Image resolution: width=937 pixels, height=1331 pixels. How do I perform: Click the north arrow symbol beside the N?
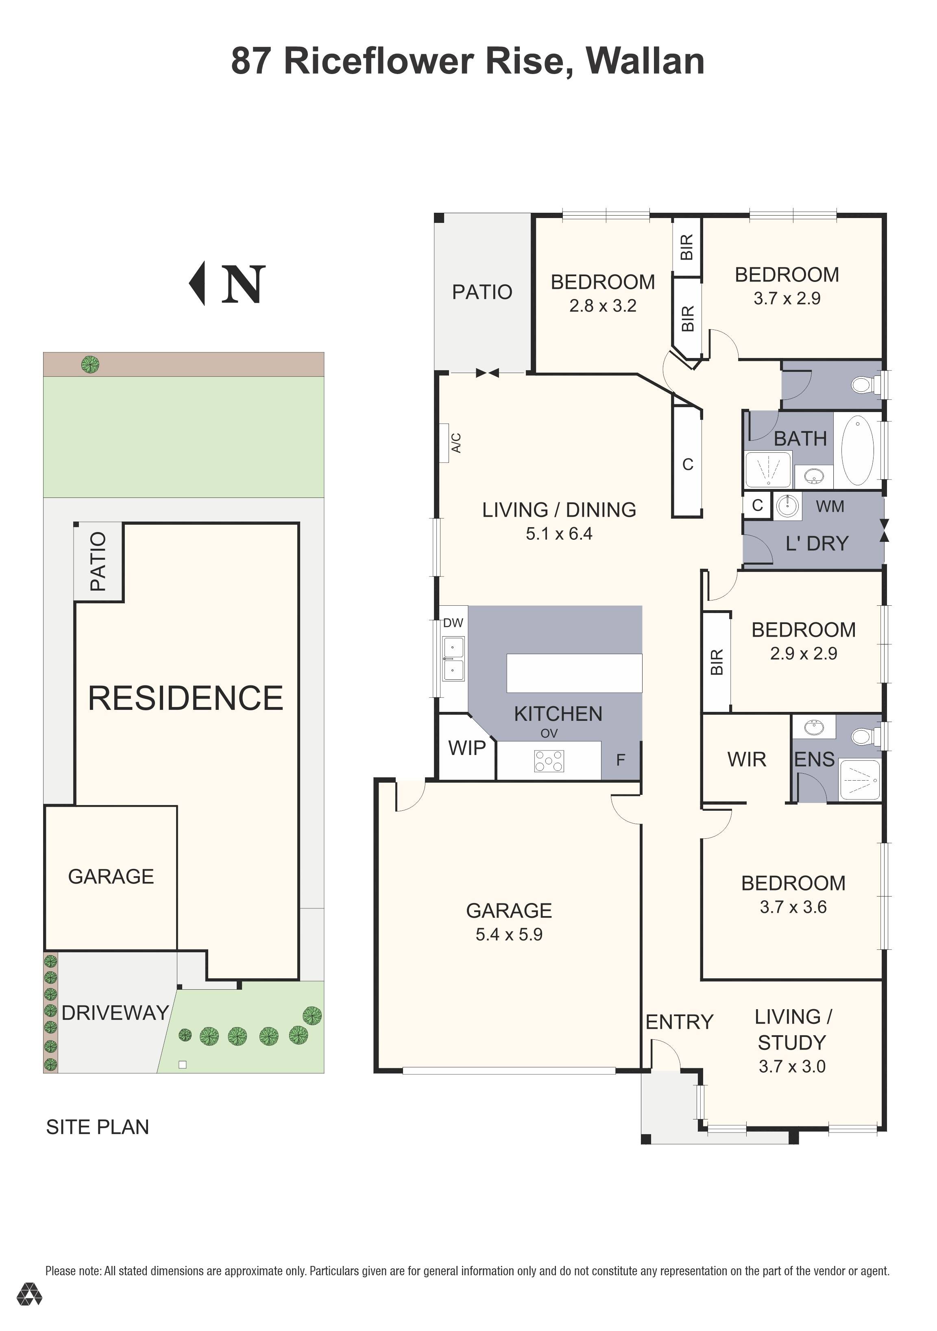pyautogui.click(x=198, y=283)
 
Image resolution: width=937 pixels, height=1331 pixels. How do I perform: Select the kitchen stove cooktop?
pyautogui.click(x=549, y=761)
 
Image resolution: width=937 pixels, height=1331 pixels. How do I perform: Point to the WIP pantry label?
pyautogui.click(x=467, y=748)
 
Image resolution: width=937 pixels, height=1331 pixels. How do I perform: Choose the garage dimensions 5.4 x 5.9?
pyautogui.click(x=509, y=934)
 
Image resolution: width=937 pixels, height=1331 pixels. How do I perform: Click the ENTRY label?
pyautogui.click(x=679, y=1021)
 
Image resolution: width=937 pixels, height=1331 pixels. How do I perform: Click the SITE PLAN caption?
pyautogui.click(x=97, y=1126)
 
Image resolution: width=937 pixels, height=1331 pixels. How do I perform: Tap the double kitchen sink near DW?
pyautogui.click(x=453, y=659)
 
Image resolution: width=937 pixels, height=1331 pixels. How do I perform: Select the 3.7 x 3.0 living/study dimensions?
pyautogui.click(x=792, y=1066)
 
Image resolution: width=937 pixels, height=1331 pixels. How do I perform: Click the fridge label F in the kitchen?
pyautogui.click(x=621, y=759)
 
